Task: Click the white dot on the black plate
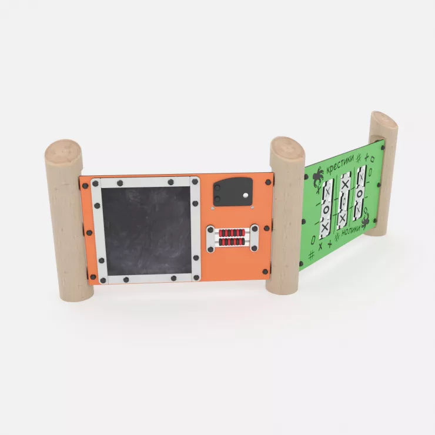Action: pyautogui.click(x=245, y=195)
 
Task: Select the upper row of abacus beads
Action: pyautogui.click(x=232, y=232)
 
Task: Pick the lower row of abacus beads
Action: pyautogui.click(x=232, y=242)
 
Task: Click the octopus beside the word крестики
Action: pyautogui.click(x=318, y=176)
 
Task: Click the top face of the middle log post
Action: pyautogui.click(x=287, y=147)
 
